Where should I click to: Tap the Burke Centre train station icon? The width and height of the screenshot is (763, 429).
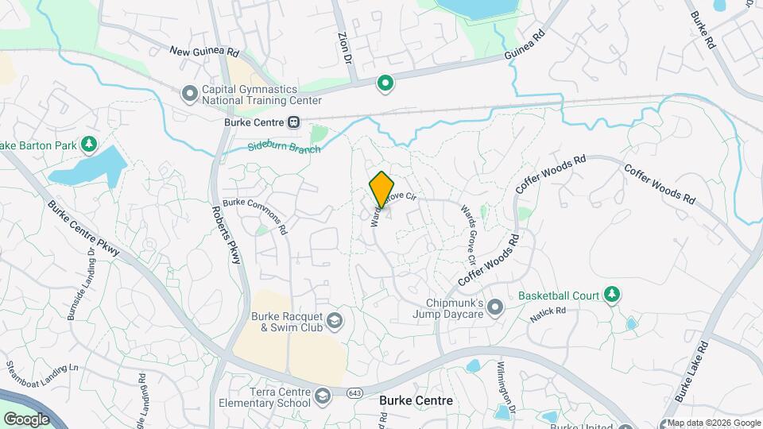(294, 122)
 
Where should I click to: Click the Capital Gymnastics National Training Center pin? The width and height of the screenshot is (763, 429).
(189, 95)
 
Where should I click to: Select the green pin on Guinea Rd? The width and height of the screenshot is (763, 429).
(385, 83)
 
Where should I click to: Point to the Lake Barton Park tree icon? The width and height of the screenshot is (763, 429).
(89, 144)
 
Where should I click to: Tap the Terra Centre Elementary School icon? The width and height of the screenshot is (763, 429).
(322, 395)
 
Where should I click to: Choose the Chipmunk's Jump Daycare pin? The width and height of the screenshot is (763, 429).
(495, 307)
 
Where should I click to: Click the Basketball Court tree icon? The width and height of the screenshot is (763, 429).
(611, 296)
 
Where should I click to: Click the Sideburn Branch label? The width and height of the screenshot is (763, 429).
(284, 149)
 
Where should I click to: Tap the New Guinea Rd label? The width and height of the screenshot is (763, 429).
(204, 51)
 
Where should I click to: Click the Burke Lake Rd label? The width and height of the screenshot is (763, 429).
(691, 371)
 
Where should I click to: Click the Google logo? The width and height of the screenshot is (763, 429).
(26, 419)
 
